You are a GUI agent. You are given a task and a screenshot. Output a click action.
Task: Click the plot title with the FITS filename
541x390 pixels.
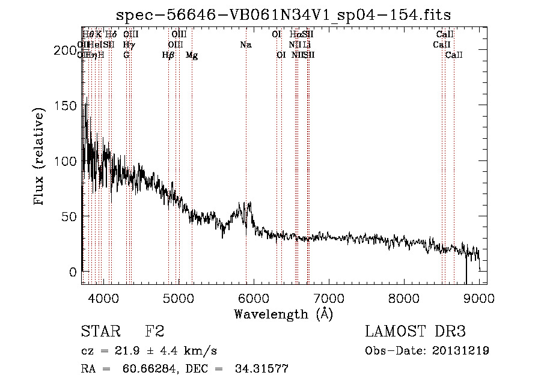click(x=284, y=14)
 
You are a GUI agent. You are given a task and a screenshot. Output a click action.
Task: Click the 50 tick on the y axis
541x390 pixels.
click(x=72, y=216)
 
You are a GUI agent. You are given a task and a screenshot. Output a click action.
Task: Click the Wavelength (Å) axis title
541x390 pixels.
click(x=283, y=314)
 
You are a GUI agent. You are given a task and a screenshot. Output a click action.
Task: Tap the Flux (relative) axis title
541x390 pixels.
click(x=40, y=157)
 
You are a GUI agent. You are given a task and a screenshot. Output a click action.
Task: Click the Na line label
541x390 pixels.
click(x=245, y=45)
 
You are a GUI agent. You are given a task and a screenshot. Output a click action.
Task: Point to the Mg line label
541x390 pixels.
click(x=192, y=55)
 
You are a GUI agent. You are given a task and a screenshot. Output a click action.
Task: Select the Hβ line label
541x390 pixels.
click(x=168, y=55)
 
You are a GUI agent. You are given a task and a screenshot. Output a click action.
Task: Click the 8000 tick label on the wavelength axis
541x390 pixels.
click(x=404, y=299)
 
